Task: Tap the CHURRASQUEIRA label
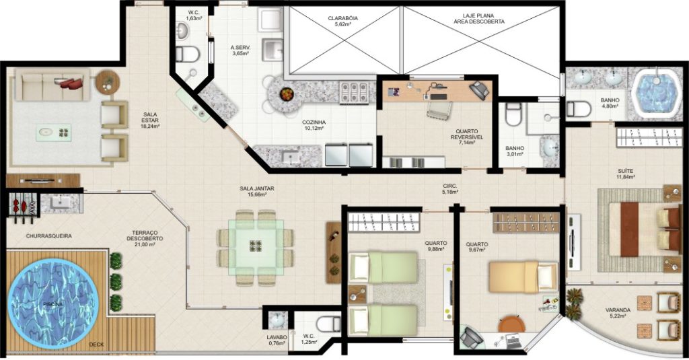pyautogui.click(x=48, y=236)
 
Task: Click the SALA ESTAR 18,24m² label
pyautogui.click(x=150, y=120)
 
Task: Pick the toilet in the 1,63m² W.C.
pyautogui.click(x=188, y=55)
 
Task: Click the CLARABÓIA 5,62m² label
pyautogui.click(x=342, y=22)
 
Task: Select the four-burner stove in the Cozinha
pyautogui.click(x=354, y=92)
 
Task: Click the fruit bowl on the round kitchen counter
pyautogui.click(x=287, y=93)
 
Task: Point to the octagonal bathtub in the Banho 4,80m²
pyautogui.click(x=655, y=93)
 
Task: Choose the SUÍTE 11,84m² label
pyautogui.click(x=625, y=174)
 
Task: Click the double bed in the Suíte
pyautogui.click(x=645, y=229)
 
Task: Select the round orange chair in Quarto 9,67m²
pyautogui.click(x=511, y=324)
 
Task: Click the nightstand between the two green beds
pyautogui.click(x=357, y=295)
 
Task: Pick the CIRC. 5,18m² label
pyautogui.click(x=450, y=189)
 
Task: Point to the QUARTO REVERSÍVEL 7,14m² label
pyautogui.click(x=467, y=137)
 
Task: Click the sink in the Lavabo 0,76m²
pyautogui.click(x=277, y=320)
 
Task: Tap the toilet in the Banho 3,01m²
pyautogui.click(x=512, y=114)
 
